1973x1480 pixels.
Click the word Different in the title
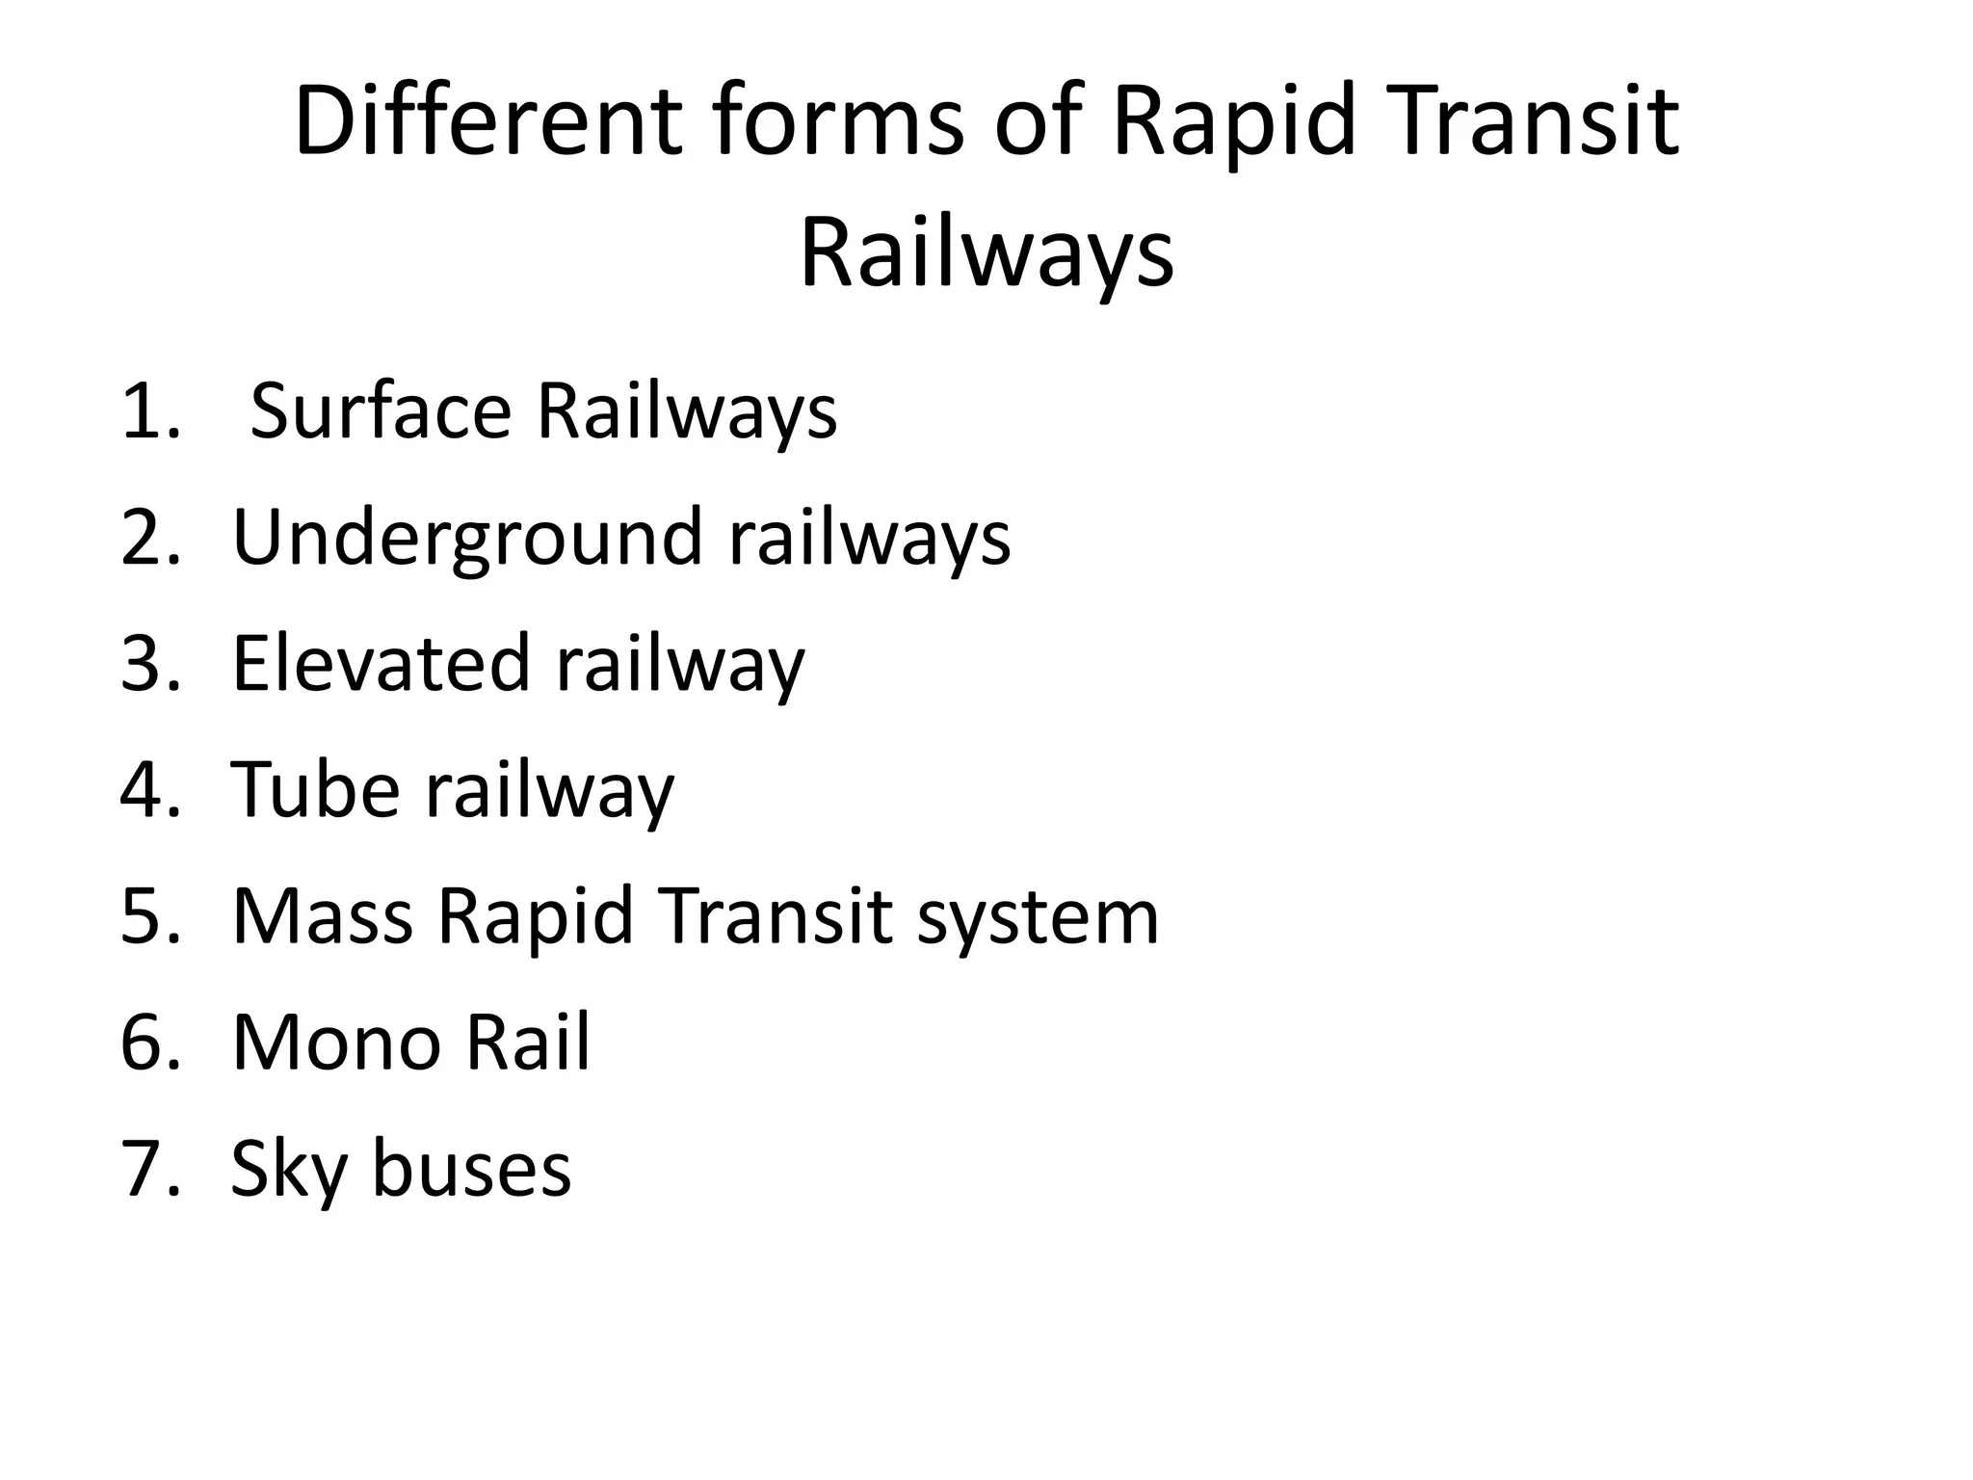tap(487, 121)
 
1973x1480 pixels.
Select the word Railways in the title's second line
tap(986, 254)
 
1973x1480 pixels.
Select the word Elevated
tap(381, 664)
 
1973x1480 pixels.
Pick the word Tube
tap(315, 790)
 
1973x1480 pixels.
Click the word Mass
tap(323, 916)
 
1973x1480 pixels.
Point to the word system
tap(1038, 916)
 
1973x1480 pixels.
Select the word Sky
tap(289, 1169)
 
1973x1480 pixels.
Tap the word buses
tap(472, 1169)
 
